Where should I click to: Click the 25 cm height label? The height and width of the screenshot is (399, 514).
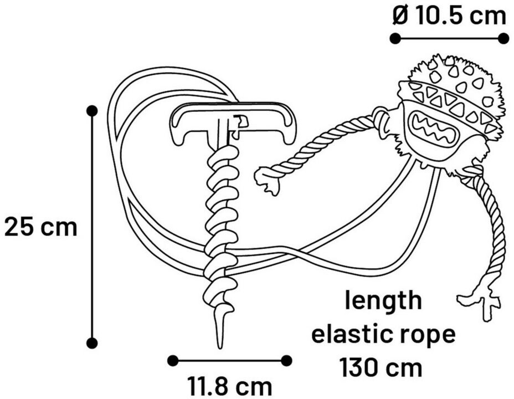(x=41, y=227)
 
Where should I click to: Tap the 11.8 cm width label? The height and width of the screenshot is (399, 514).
(x=229, y=385)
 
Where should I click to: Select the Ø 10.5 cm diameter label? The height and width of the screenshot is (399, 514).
(x=449, y=16)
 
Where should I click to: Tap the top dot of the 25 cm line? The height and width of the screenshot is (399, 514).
(x=92, y=111)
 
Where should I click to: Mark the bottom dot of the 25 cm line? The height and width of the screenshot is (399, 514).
(x=92, y=342)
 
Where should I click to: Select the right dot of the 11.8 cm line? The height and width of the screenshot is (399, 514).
(x=286, y=361)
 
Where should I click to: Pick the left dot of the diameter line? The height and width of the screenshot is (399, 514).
(x=395, y=38)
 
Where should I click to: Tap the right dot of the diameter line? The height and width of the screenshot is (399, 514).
(x=503, y=38)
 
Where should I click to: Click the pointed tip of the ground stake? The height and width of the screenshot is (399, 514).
(x=220, y=338)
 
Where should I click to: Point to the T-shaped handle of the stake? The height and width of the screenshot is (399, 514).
(x=233, y=114)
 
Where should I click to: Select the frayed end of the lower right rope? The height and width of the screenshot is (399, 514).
(x=481, y=303)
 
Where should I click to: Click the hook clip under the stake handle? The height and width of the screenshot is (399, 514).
(x=240, y=125)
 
